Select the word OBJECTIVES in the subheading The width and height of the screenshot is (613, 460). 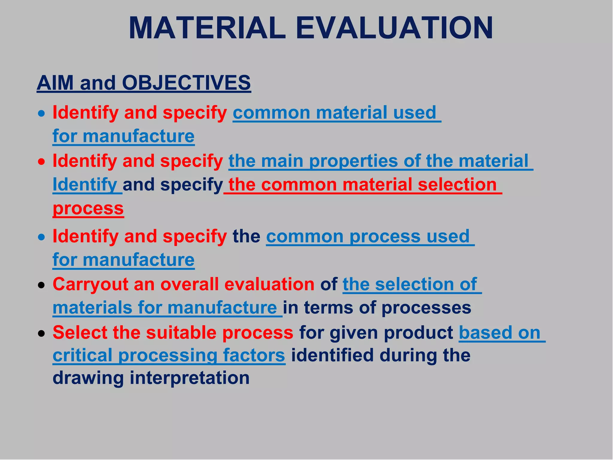coord(186,83)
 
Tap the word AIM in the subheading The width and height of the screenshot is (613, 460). coord(55,83)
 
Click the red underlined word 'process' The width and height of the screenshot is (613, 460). coord(88,208)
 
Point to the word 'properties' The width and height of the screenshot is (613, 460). coord(353,161)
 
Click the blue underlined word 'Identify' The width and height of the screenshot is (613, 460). coord(85,184)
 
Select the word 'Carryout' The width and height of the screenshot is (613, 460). coord(90,285)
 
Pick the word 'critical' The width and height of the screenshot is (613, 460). coord(82,355)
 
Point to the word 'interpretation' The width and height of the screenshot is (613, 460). coord(189,378)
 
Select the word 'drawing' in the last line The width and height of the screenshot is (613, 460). coord(88,378)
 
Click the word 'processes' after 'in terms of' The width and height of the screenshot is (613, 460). coord(426,308)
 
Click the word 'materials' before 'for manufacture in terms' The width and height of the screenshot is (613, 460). coord(92,308)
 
